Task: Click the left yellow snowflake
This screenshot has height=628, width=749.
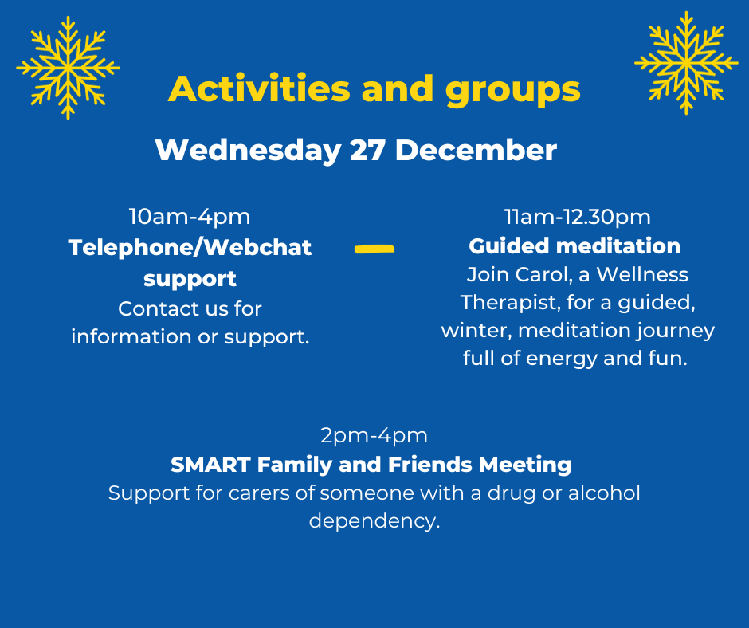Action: tap(68, 68)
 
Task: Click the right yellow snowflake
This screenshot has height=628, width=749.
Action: tap(686, 63)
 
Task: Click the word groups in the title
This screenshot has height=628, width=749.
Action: tap(512, 92)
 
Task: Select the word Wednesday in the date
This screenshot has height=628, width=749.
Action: tap(249, 150)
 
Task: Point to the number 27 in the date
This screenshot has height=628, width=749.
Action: tap(367, 150)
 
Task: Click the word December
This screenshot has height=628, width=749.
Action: tap(476, 150)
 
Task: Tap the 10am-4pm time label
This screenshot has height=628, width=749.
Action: tap(190, 217)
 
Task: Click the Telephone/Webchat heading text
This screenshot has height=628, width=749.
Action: tap(190, 247)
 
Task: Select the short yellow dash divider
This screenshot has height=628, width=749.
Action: tap(374, 249)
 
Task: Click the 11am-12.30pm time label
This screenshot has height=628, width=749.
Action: tap(578, 217)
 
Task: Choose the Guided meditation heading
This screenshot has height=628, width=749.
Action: tap(574, 246)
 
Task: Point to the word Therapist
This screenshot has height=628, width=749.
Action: tap(509, 303)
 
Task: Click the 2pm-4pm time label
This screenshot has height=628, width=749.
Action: tap(374, 435)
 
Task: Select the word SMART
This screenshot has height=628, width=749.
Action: tap(210, 465)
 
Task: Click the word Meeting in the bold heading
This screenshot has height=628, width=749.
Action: tap(525, 465)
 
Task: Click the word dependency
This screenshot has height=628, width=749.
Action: tap(374, 521)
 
